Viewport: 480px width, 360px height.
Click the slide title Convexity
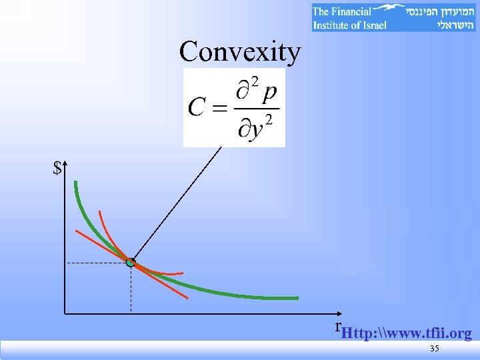point(240,51)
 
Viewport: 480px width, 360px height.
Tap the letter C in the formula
point(197,107)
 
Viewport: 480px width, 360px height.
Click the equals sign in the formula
point(219,107)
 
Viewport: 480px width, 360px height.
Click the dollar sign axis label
point(58,168)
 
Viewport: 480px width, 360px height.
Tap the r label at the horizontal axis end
point(337,326)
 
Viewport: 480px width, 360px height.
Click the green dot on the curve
point(131,263)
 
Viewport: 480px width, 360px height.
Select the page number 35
point(434,349)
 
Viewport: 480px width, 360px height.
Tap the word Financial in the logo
point(351,11)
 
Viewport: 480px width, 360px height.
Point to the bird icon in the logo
point(388,8)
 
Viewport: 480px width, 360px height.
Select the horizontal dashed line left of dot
point(97,263)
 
